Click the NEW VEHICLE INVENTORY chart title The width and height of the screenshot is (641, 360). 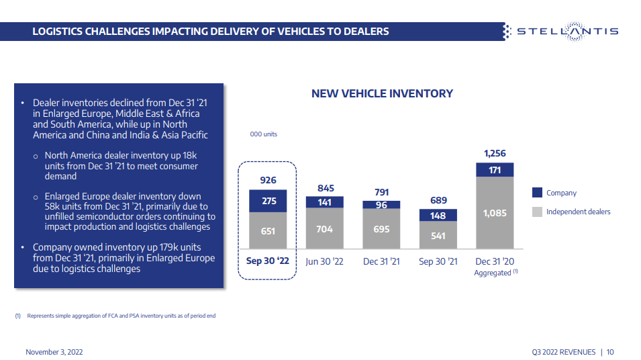tap(382, 94)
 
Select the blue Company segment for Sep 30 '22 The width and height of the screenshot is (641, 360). tap(268, 201)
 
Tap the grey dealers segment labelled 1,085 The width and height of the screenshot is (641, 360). tap(495, 213)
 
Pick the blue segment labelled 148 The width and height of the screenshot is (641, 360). tap(438, 216)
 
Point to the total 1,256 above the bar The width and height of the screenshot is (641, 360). tap(495, 154)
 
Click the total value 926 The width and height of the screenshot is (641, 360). tap(268, 181)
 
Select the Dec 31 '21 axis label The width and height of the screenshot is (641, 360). tap(381, 261)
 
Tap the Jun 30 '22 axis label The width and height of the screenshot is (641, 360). tap(324, 261)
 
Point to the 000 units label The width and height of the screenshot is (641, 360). tap(263, 134)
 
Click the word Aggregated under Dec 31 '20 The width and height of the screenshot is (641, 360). tap(492, 273)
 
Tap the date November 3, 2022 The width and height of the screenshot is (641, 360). tap(54, 352)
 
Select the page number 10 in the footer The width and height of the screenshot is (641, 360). tap(610, 352)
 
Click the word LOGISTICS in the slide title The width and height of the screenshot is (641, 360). tap(63, 32)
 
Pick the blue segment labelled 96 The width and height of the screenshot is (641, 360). tap(381, 205)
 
